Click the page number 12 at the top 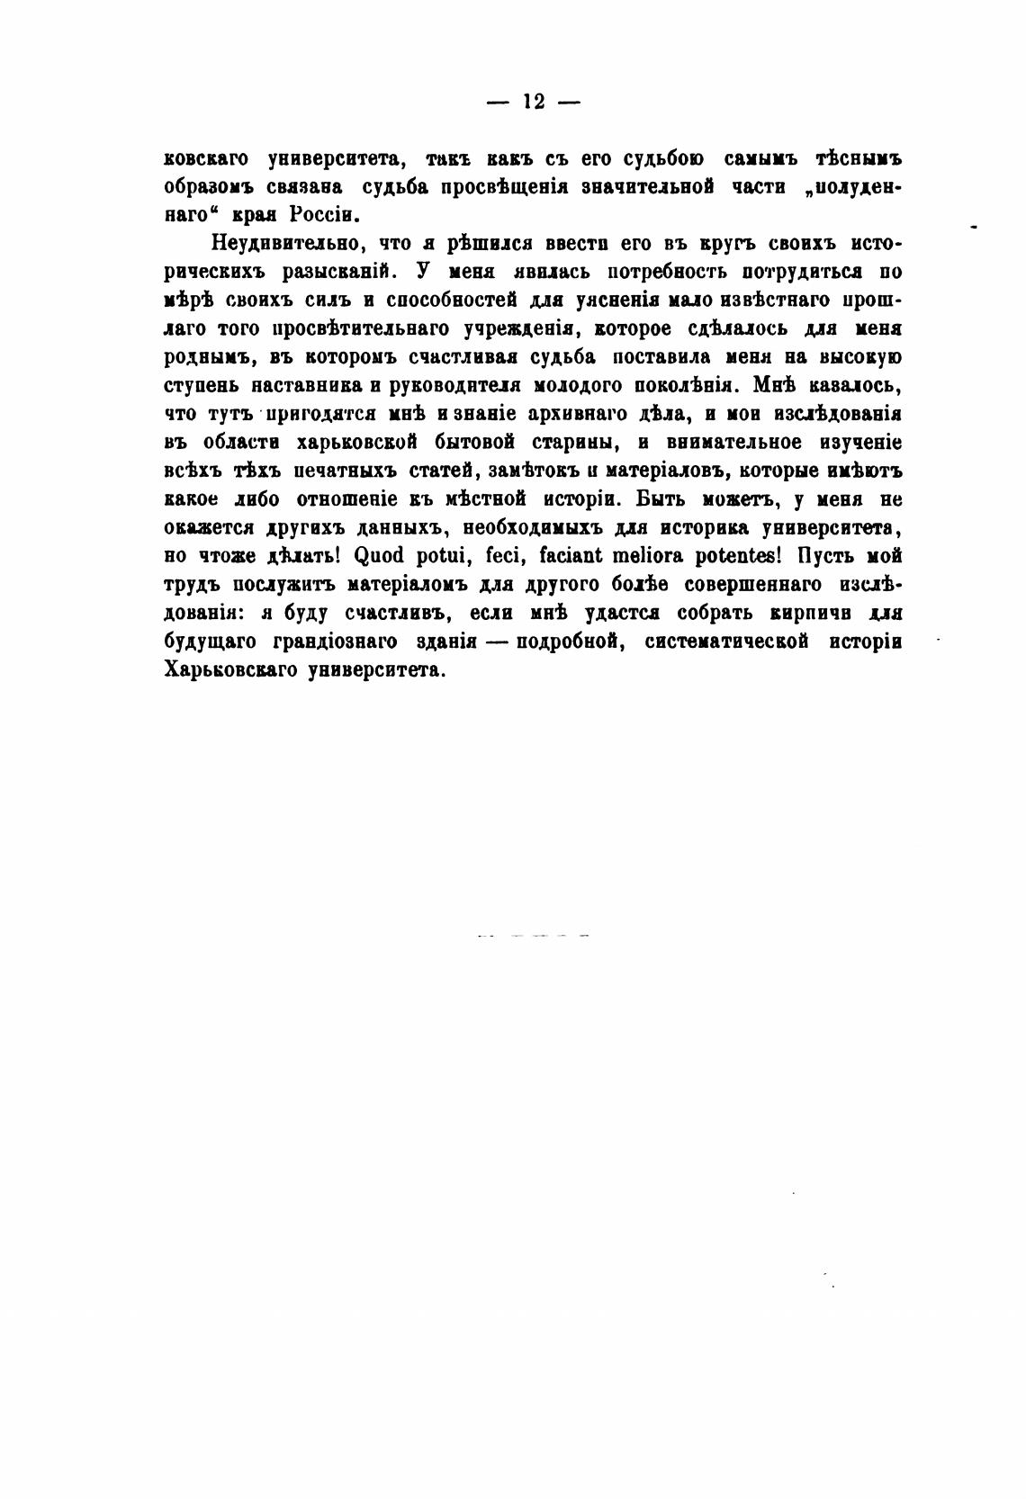point(533,102)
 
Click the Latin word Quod point(388,556)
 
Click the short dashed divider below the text point(533,937)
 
